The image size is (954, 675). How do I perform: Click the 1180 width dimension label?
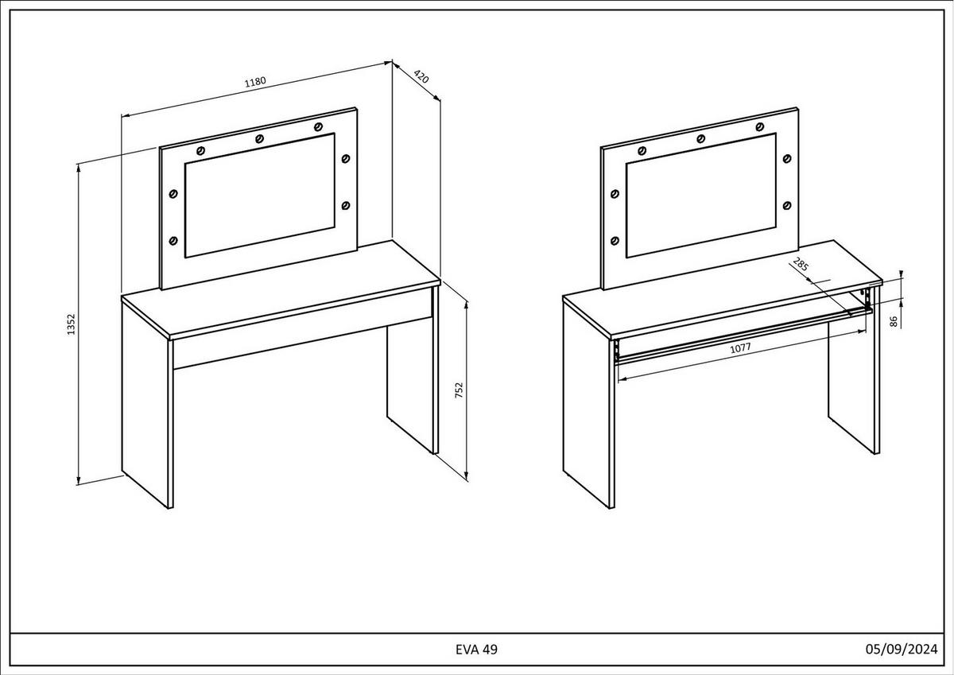255,81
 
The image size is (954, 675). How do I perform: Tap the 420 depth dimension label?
421,77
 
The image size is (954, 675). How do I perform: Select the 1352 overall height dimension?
71,324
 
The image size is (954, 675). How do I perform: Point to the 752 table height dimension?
459,390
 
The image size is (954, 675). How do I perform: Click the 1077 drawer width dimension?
741,348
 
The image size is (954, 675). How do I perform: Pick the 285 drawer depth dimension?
801,265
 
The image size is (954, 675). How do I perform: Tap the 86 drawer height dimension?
894,321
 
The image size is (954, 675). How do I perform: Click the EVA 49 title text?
476,650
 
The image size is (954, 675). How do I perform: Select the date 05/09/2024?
902,649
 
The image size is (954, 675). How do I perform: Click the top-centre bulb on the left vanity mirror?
259,139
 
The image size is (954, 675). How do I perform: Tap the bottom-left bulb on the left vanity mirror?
173,241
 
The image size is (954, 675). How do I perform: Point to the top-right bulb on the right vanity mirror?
759,127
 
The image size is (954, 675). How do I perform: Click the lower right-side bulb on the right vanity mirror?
787,206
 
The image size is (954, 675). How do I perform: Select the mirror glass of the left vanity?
260,196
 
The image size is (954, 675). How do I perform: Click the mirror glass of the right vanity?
701,196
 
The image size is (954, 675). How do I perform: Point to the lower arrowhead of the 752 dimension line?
467,476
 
